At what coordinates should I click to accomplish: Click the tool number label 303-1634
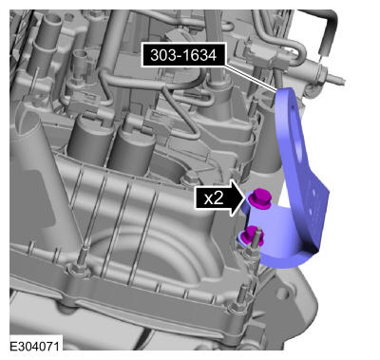pos(183,55)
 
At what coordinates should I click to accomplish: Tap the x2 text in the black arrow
pos(214,199)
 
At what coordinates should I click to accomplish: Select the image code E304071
pos(34,346)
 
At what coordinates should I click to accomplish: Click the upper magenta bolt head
pos(259,198)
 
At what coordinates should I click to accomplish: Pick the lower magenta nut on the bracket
pos(252,237)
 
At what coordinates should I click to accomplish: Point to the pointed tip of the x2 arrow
pos(245,199)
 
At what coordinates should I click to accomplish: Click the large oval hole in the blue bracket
pos(299,142)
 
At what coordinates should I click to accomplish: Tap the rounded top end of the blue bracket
pos(287,93)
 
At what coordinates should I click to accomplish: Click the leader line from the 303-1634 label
pos(250,78)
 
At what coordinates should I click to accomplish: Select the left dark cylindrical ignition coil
pos(88,140)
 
